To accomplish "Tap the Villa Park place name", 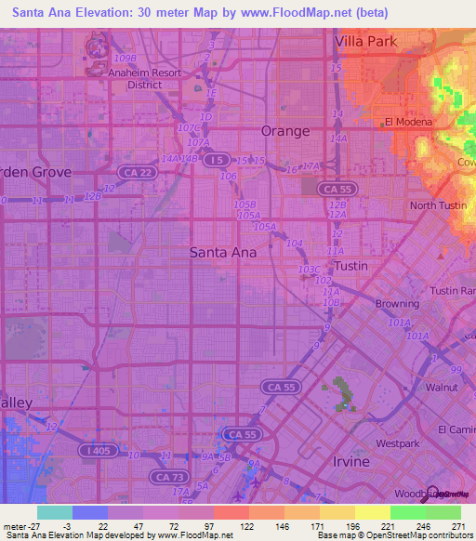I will coord(365,42).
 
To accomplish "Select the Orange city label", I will coord(284,131).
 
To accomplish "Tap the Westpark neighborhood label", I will coord(399,430).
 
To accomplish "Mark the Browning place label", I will coord(397,304).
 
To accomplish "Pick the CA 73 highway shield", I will coord(167,476).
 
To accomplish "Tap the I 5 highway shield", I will coord(217,160).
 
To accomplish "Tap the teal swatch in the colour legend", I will coord(55,512).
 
